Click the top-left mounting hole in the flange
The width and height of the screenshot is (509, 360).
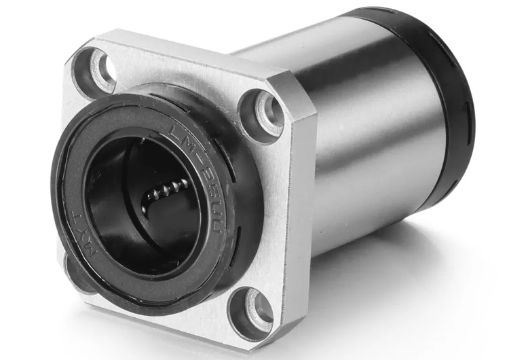[94, 71]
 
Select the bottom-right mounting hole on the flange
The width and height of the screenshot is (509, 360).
[250, 312]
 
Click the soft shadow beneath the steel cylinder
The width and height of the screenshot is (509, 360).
[380, 265]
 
